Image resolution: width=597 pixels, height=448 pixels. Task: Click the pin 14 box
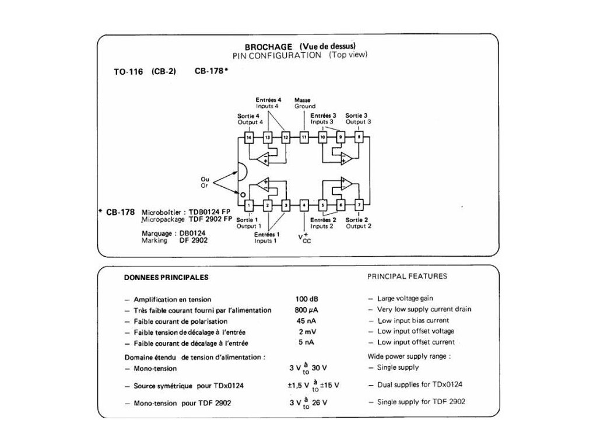click(x=249, y=138)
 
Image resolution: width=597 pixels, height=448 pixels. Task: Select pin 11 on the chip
click(x=304, y=138)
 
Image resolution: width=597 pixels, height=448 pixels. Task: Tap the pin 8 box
click(x=359, y=138)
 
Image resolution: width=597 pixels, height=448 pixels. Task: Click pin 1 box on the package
click(x=249, y=205)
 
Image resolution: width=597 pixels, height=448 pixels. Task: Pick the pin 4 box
click(x=304, y=205)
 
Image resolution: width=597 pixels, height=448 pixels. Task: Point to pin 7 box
click(x=359, y=205)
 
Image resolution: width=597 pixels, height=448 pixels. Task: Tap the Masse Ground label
click(x=304, y=103)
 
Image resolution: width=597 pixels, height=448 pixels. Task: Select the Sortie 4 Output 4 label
click(x=250, y=119)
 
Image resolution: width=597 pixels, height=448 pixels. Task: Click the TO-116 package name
click(x=128, y=72)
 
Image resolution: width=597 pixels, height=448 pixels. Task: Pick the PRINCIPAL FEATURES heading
click(x=407, y=276)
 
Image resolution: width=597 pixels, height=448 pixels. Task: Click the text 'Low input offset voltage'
click(x=415, y=331)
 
